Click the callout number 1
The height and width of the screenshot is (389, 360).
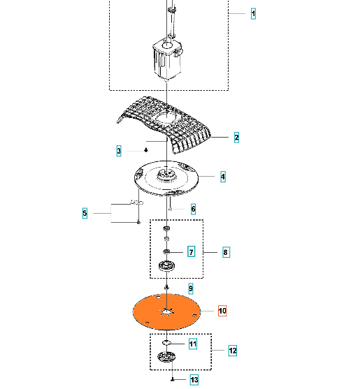click(253, 14)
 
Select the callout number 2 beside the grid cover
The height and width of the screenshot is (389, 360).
click(236, 138)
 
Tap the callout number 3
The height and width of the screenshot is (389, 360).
click(119, 151)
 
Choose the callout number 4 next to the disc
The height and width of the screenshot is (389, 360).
click(223, 177)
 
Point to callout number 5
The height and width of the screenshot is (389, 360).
click(85, 213)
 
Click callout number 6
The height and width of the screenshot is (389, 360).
click(193, 209)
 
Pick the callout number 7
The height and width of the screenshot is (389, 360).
click(191, 252)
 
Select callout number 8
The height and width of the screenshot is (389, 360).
click(226, 252)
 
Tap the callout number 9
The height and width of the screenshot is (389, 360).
click(190, 288)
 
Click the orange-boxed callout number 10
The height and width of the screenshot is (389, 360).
click(222, 311)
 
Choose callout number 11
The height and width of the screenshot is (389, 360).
click(193, 344)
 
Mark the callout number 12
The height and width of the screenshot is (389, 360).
click(233, 351)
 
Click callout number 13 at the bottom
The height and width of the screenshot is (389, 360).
click(194, 380)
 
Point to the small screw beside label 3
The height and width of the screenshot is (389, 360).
click(146, 150)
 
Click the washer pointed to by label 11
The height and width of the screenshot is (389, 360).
click(166, 343)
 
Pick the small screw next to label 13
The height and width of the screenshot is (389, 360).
click(173, 380)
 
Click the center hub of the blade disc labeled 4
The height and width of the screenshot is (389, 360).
click(167, 175)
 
